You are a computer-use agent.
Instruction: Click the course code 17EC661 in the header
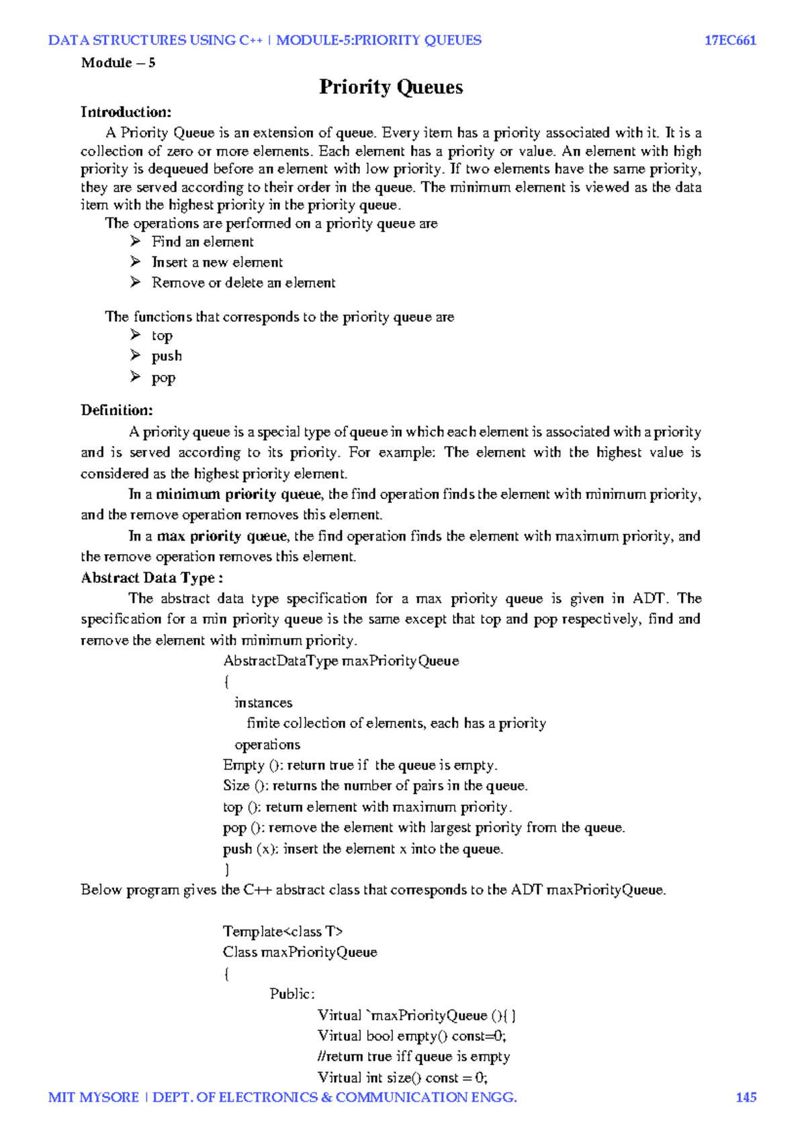[x=730, y=40]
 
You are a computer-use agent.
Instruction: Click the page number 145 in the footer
[x=746, y=1097]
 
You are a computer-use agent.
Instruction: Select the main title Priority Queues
[x=391, y=87]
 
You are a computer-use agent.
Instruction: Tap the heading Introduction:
[x=126, y=112]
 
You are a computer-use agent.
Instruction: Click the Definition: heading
[x=117, y=410]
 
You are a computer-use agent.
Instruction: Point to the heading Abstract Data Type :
[x=152, y=578]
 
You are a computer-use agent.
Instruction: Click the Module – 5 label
[x=118, y=63]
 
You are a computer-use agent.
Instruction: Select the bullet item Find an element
[x=202, y=242]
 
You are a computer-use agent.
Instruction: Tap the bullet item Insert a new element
[x=217, y=263]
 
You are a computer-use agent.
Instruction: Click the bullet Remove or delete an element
[x=243, y=283]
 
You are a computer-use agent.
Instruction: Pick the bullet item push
[x=167, y=356]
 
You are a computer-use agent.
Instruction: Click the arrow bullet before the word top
[x=136, y=334]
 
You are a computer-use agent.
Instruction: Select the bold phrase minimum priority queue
[x=238, y=494]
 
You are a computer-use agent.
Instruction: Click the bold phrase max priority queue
[x=222, y=536]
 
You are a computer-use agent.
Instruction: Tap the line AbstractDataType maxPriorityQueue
[x=341, y=661]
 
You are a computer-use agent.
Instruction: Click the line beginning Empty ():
[x=360, y=766]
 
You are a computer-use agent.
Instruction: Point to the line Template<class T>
[x=283, y=931]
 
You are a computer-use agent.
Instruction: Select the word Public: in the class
[x=292, y=994]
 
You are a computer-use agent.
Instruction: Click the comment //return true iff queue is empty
[x=414, y=1056]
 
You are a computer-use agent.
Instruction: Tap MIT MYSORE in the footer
[x=93, y=1097]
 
